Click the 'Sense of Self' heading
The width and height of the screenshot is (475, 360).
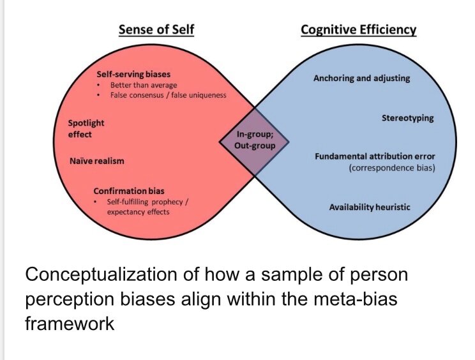point(156,29)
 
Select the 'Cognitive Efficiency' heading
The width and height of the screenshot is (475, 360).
point(358,29)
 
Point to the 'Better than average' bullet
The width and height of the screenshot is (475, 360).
point(144,85)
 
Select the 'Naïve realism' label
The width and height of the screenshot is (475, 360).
point(96,161)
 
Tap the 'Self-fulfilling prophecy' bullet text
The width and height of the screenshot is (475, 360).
point(151,202)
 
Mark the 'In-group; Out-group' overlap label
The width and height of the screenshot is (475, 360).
point(255,140)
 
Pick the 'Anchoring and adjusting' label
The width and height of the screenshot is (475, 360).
point(361,79)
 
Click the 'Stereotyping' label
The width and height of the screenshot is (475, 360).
point(407,118)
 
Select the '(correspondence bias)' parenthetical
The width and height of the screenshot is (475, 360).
point(391,168)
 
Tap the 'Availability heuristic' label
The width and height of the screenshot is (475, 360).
point(370,207)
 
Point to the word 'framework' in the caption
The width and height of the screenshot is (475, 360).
point(70,323)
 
